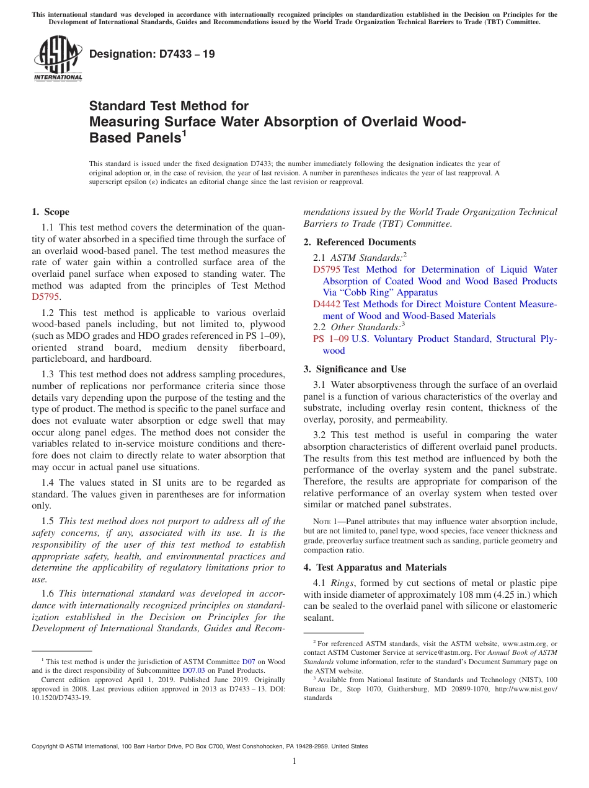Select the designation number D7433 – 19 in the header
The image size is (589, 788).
coord(152,54)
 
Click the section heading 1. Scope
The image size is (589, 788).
coord(51,212)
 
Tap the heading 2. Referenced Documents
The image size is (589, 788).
coord(360,242)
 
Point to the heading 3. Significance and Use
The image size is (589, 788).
coord(355,369)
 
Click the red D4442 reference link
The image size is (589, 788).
coord(326,304)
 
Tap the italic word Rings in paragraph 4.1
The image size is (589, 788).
coord(342,583)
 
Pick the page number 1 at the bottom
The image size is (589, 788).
coord(294,761)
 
